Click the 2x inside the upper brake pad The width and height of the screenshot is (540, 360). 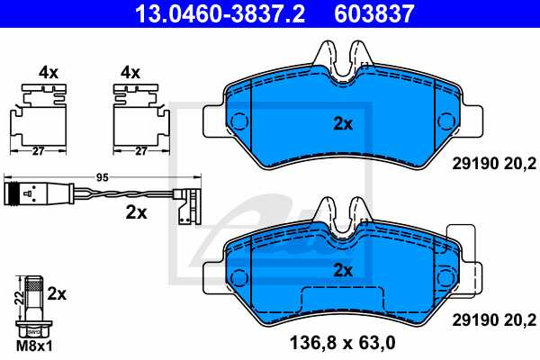(342, 124)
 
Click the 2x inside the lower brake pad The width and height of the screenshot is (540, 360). (342, 269)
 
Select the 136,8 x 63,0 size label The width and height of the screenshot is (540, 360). (340, 342)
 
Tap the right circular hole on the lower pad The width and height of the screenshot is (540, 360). (443, 275)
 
